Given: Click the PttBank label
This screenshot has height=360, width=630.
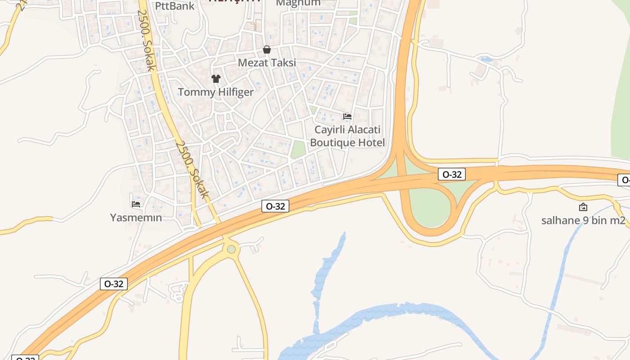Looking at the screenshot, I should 175,6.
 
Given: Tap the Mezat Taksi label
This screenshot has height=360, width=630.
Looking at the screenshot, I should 267,63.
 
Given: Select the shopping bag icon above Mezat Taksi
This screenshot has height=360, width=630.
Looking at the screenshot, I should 267,49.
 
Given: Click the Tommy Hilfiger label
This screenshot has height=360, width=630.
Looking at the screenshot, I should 216,92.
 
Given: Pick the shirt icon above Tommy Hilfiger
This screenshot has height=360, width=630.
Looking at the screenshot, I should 216,79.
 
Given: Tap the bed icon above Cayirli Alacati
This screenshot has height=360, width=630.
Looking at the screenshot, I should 347,117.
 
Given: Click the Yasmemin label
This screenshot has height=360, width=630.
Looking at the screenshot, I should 136,218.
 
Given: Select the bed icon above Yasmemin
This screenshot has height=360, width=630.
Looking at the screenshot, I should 136,204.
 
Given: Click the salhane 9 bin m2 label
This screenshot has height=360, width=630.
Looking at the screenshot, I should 583,220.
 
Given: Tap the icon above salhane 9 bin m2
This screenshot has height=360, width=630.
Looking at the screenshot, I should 583,207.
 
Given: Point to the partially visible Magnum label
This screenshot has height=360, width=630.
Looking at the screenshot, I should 298,3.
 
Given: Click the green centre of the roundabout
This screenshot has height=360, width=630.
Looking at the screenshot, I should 231,249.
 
